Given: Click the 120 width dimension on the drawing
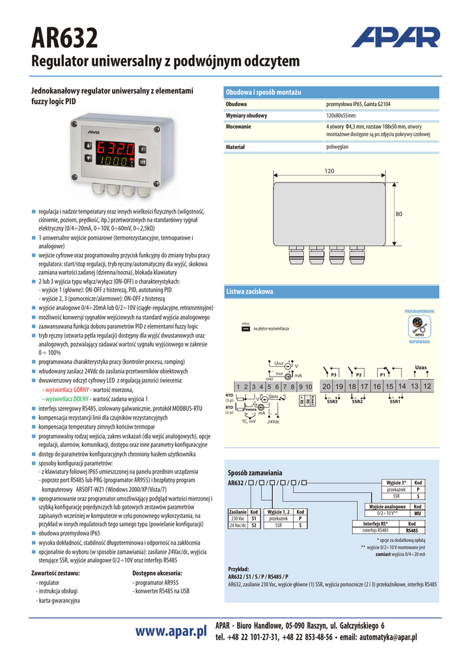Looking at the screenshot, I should click(329, 171).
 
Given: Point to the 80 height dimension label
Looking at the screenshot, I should click(399, 214).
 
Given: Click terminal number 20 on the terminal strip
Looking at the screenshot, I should click(326, 386).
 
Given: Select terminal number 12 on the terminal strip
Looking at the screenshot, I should click(426, 386).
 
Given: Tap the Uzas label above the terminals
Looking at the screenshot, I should click(421, 368).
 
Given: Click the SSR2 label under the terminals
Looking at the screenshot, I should click(357, 402).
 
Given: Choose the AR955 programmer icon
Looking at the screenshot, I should click(419, 325).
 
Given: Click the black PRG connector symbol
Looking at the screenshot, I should click(245, 330).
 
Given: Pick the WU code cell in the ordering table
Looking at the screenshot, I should click(417, 513).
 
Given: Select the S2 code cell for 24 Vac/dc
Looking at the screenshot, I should click(255, 525).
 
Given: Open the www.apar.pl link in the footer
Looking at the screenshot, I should click(171, 631).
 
